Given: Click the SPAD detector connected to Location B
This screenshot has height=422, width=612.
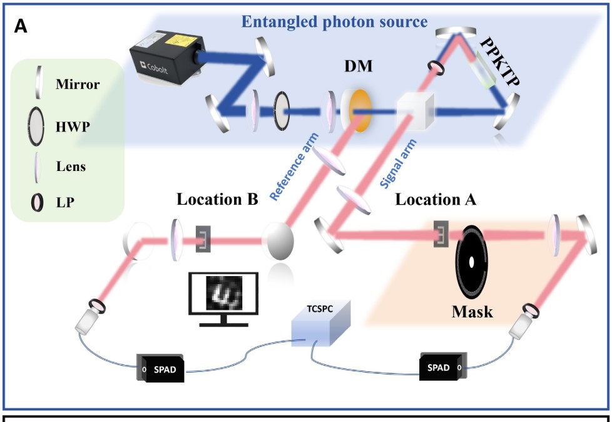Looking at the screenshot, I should [x=161, y=369].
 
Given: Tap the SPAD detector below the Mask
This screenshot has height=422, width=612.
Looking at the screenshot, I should [x=442, y=368].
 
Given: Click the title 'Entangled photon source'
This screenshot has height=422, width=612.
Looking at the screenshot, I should [x=334, y=23].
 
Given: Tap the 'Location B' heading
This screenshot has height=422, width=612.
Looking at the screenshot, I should [x=217, y=200].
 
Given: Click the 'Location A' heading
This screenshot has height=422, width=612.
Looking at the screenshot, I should [x=436, y=200].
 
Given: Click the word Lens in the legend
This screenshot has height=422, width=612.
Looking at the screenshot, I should [x=70, y=167].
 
